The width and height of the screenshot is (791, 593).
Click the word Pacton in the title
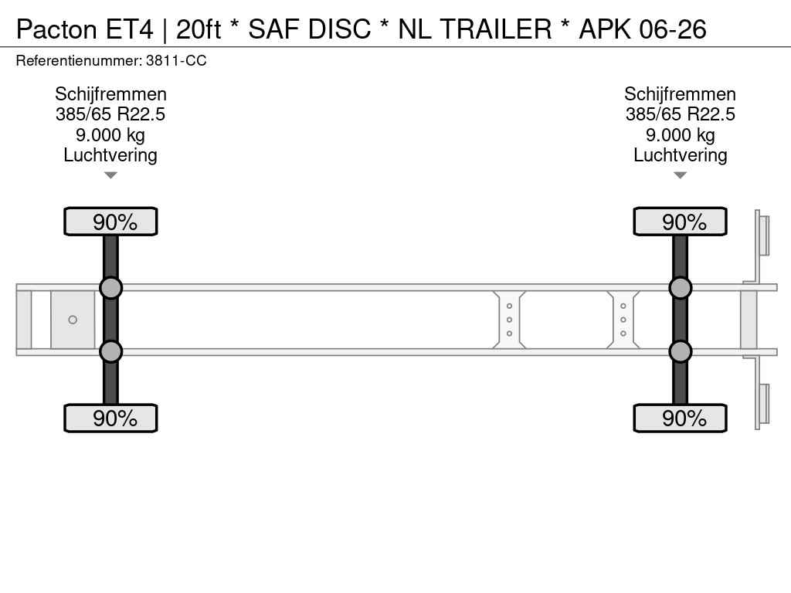tap(56, 29)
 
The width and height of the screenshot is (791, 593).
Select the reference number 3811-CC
tap(176, 60)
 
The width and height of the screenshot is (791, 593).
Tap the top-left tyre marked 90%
tap(110, 222)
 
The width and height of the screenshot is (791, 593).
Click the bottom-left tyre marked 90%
tap(110, 418)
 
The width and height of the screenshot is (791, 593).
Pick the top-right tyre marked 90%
tap(680, 222)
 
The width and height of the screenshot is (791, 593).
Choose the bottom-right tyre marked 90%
tap(680, 418)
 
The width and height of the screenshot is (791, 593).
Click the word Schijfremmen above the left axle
tap(110, 94)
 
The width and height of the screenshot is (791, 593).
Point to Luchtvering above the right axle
tap(680, 155)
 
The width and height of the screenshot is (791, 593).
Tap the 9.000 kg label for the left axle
tap(110, 135)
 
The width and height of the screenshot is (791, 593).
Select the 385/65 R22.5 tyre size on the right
tap(680, 114)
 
